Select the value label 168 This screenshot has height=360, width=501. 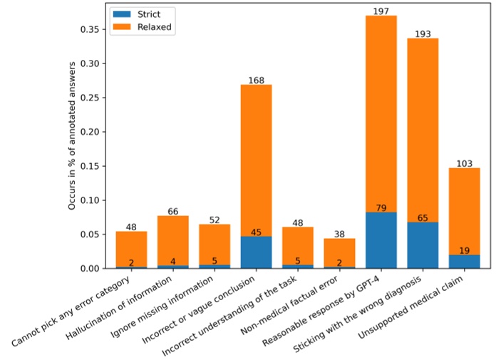[257, 80]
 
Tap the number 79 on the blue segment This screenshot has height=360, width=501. [381, 207]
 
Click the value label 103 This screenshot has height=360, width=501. [464, 163]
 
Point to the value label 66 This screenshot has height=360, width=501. [173, 211]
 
